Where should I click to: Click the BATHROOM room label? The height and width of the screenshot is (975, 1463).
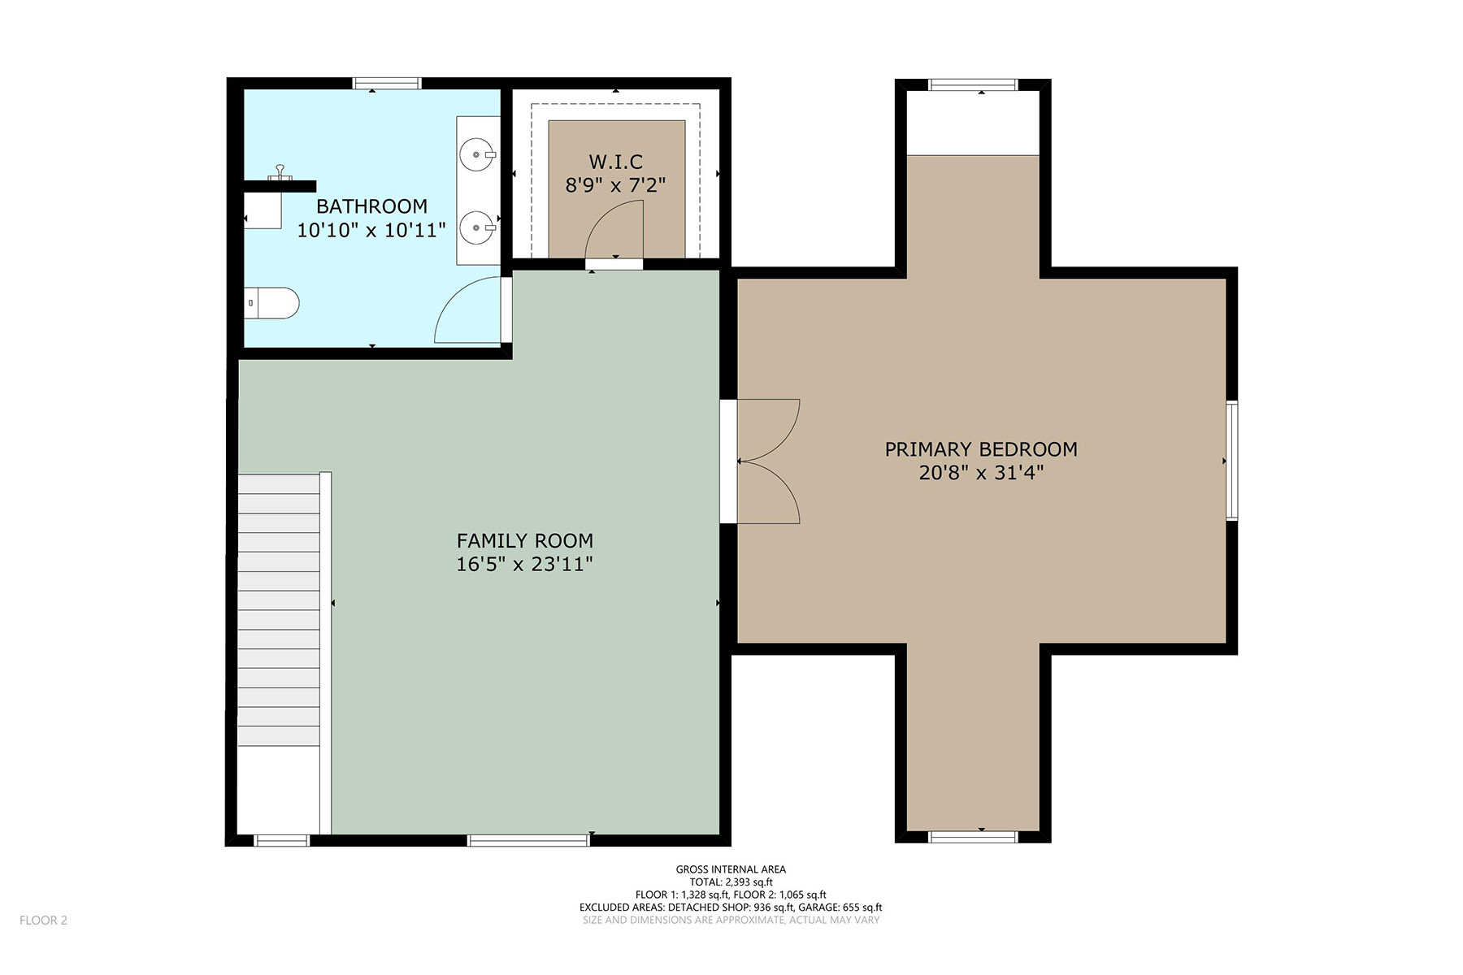pyautogui.click(x=371, y=206)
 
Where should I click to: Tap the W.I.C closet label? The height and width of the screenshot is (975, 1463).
pyautogui.click(x=616, y=162)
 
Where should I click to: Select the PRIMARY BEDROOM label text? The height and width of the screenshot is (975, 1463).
pyautogui.click(x=981, y=449)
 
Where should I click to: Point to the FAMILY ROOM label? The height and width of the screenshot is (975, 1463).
pyautogui.click(x=525, y=541)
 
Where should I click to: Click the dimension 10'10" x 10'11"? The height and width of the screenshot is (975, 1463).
pyautogui.click(x=371, y=231)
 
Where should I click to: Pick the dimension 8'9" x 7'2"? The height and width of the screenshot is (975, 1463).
pyautogui.click(x=615, y=186)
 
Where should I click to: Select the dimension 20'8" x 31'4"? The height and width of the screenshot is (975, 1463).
pyautogui.click(x=981, y=473)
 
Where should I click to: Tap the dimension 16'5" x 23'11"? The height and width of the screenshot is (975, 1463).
pyautogui.click(x=524, y=565)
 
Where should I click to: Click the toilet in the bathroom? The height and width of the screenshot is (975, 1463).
pyautogui.click(x=272, y=303)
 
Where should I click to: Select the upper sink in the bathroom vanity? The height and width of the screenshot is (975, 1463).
pyautogui.click(x=478, y=154)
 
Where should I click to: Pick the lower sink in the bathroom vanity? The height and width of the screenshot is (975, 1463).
pyautogui.click(x=478, y=228)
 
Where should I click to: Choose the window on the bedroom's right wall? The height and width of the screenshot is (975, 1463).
pyautogui.click(x=1232, y=460)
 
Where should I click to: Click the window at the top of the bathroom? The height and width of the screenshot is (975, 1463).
pyautogui.click(x=387, y=83)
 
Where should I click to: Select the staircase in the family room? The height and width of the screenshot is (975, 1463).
pyautogui.click(x=279, y=610)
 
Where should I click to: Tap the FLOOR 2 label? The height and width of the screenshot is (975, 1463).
pyautogui.click(x=43, y=920)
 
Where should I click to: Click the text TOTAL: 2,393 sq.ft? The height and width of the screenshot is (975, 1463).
pyautogui.click(x=731, y=882)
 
